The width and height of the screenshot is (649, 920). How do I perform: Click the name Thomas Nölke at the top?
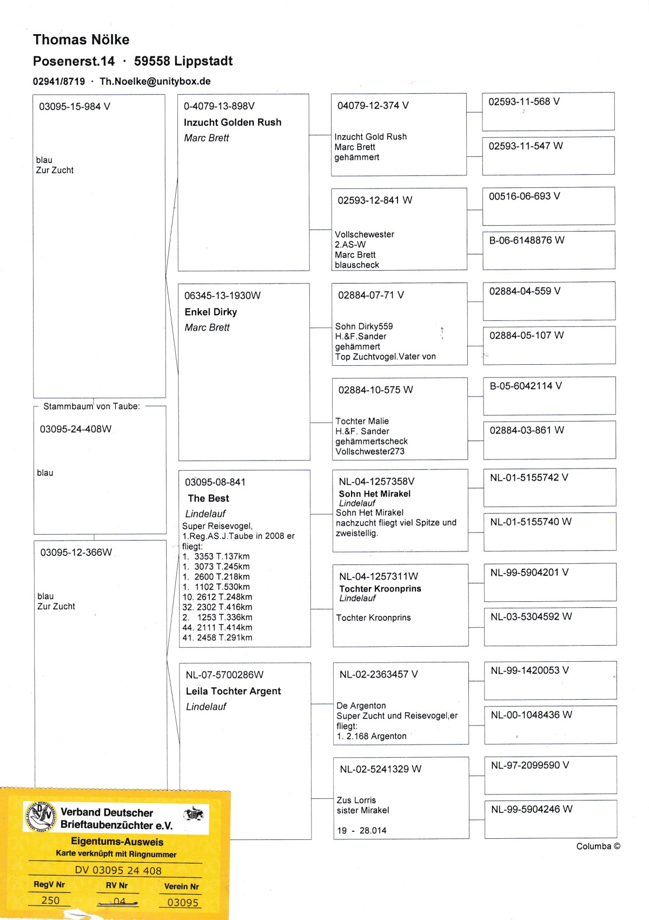click(x=81, y=40)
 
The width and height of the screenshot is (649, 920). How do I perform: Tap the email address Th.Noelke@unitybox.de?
click(x=155, y=82)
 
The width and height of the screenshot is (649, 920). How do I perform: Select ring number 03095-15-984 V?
click(x=75, y=107)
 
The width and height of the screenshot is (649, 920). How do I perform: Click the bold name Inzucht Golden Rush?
click(x=233, y=122)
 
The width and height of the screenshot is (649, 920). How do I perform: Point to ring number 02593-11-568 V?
click(x=524, y=102)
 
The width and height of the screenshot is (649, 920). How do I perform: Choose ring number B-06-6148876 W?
click(x=527, y=240)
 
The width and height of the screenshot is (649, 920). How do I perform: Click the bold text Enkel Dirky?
click(x=211, y=312)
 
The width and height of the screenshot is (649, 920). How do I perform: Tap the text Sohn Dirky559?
click(x=364, y=326)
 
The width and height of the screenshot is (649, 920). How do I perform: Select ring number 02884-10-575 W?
click(x=375, y=390)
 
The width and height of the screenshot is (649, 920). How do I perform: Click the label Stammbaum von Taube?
click(x=91, y=406)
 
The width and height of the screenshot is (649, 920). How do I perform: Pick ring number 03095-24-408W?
click(x=76, y=429)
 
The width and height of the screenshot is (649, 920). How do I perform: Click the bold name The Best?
click(x=208, y=498)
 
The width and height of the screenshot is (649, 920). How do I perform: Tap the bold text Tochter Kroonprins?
click(x=380, y=589)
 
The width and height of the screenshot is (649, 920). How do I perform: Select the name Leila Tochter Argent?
click(x=233, y=691)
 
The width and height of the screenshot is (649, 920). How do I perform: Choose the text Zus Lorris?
click(x=356, y=800)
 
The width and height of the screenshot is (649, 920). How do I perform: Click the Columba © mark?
click(x=598, y=846)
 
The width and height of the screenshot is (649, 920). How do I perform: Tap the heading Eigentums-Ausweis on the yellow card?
click(x=117, y=842)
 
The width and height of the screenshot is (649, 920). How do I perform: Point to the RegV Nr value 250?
click(x=50, y=901)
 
